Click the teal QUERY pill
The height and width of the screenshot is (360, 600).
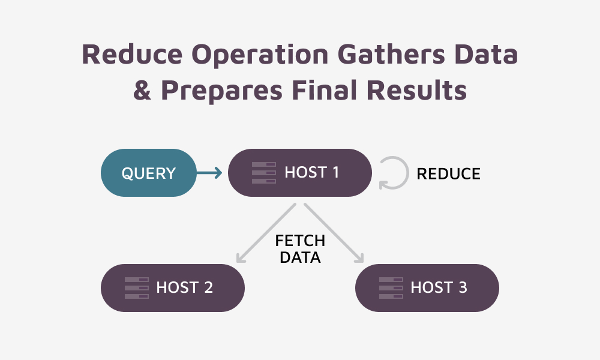tap(148, 173)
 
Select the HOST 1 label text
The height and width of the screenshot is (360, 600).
tap(311, 173)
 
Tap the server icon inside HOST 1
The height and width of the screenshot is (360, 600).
tap(263, 173)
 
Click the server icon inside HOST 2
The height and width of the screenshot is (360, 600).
tap(136, 288)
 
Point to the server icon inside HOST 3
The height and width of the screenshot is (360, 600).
tap(391, 288)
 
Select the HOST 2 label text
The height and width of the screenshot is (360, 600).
tap(184, 288)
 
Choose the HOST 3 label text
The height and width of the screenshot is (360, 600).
tap(439, 288)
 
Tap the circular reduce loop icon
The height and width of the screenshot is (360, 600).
tap(393, 173)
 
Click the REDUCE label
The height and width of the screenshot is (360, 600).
tap(448, 174)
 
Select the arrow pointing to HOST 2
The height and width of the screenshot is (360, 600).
tap(267, 233)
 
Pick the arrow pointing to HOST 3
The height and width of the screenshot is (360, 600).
tap(334, 233)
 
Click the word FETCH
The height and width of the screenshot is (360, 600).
tap(300, 241)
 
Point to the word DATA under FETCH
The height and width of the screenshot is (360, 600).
tap(300, 258)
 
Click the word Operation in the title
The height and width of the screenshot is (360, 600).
tap(262, 55)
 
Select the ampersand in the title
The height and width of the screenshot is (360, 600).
tap(143, 91)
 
